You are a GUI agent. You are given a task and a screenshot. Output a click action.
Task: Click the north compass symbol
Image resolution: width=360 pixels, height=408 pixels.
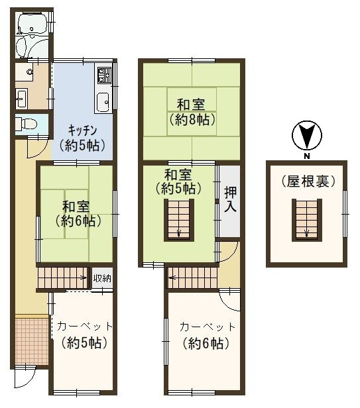click(x=306, y=136)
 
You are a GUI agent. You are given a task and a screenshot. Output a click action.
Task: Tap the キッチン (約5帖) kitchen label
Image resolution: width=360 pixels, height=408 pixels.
click(x=81, y=137)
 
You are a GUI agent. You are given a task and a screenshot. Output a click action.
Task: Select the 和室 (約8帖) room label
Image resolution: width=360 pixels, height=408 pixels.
click(x=190, y=112)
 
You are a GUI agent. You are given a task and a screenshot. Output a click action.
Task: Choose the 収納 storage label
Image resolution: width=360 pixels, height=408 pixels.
click(x=102, y=278)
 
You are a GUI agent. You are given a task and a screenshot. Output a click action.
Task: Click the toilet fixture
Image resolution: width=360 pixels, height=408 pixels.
click(x=27, y=124)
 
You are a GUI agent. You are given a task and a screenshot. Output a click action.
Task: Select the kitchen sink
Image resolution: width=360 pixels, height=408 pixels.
click(x=103, y=101)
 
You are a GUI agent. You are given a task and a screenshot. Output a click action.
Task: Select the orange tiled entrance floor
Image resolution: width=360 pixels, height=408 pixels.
click(x=30, y=340)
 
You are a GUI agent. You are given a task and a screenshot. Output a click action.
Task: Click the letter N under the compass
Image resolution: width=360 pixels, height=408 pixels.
click(x=306, y=156)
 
